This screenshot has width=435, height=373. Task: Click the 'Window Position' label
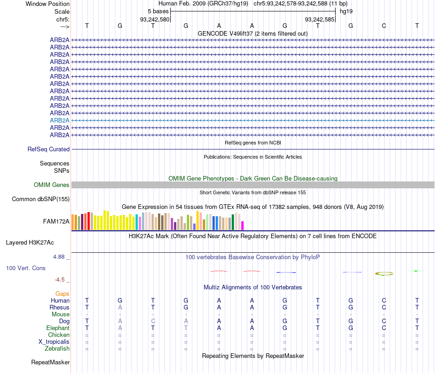pos(48,4)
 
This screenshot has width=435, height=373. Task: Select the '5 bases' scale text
pos(158,11)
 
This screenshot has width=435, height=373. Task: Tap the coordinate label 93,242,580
pos(154,19)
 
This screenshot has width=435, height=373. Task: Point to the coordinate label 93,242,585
pos(319,19)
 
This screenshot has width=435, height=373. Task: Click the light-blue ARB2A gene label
pos(60,120)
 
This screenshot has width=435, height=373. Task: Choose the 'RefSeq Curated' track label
pos(49,149)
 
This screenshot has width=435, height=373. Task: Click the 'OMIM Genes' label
pos(52,185)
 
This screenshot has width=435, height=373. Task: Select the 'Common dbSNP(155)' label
pos(41,199)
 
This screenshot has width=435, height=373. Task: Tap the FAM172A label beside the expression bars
pos(56,222)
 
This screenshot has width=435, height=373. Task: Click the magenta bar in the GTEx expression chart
pos(243,225)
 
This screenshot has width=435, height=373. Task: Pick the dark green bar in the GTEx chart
pos(233,222)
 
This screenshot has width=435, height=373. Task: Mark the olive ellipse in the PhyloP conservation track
pos(384,273)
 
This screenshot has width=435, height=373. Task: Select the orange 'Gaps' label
pos(62,293)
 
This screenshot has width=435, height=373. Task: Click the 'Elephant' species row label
pos(58,328)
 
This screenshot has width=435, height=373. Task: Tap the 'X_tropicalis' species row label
pos(54,341)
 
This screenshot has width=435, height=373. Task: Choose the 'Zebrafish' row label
pos(57,348)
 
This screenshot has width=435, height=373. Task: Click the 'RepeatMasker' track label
pos(50,362)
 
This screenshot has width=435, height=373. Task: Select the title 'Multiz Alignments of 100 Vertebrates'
pos(253,287)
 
